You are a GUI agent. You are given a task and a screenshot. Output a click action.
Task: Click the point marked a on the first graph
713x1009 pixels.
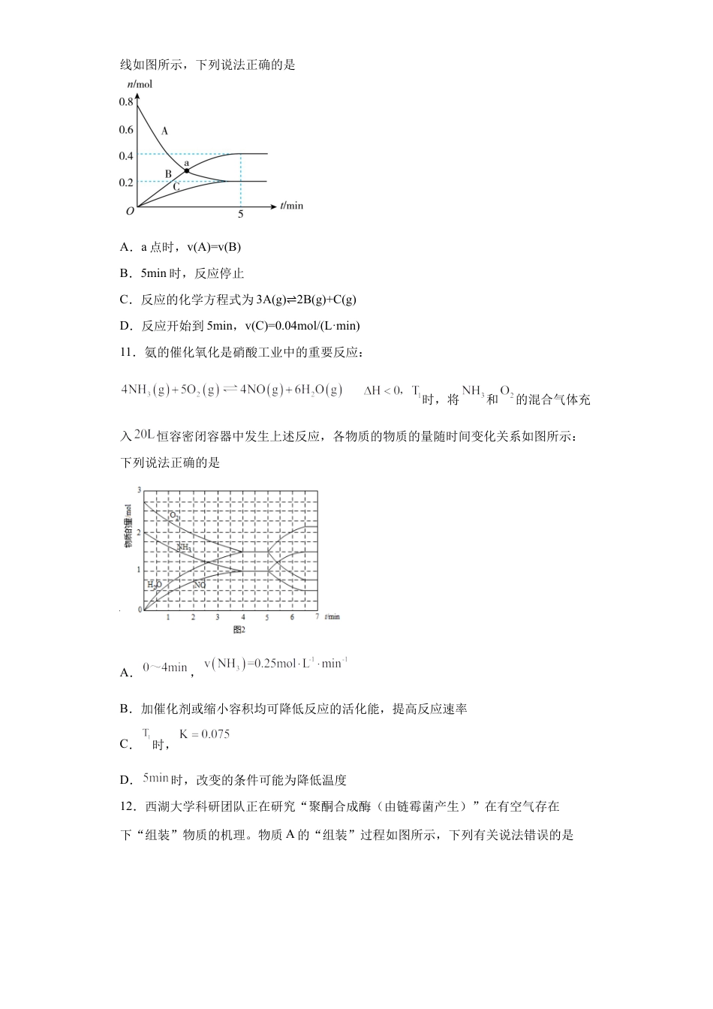186,171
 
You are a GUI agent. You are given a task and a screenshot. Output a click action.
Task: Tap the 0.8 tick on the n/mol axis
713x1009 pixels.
125,102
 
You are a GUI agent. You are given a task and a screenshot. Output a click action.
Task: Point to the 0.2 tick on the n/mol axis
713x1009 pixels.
125,182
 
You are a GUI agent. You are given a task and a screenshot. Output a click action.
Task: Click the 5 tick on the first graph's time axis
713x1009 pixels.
241,215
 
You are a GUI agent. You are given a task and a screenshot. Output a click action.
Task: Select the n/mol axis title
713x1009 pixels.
139,84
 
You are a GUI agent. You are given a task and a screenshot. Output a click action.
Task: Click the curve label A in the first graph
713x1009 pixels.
164,131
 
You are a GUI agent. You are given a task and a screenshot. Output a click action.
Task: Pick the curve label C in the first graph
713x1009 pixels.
176,188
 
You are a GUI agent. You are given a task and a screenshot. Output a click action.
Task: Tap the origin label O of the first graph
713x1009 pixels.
130,212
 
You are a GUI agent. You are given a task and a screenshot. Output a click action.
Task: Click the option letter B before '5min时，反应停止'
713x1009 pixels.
125,274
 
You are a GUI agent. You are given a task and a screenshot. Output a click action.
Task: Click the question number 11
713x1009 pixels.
127,352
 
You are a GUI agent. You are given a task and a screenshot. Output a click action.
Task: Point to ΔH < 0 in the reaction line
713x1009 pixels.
384,390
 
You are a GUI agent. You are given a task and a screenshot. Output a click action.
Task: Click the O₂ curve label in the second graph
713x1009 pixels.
174,516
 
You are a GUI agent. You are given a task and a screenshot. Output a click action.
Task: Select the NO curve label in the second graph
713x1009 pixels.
200,584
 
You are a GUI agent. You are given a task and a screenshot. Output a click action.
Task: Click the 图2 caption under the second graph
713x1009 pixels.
239,630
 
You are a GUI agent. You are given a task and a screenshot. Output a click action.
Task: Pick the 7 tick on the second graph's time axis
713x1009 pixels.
317,617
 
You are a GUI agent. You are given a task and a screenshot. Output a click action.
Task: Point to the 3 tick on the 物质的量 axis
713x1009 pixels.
140,490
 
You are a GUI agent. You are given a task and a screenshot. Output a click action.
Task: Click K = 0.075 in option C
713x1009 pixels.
204,734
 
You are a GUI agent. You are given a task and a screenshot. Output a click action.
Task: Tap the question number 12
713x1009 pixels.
127,807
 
